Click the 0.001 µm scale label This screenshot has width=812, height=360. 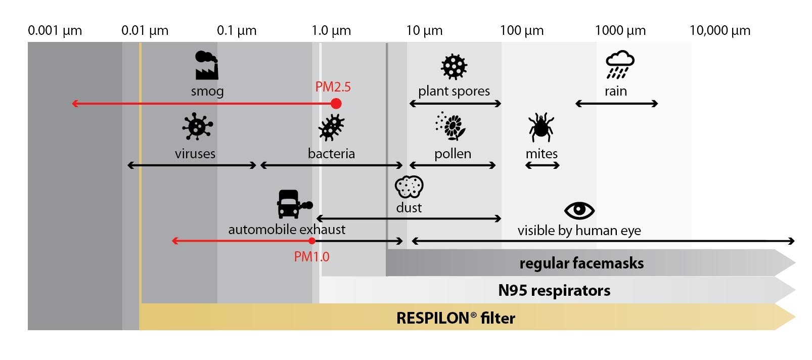55,30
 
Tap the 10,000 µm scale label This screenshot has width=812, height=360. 719,30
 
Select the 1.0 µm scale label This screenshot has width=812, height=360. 331,30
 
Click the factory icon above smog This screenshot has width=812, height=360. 206,65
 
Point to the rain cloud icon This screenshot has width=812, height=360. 619,65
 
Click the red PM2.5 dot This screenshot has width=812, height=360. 336,104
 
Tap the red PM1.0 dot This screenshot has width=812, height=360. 312,241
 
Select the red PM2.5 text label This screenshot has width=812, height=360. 333,87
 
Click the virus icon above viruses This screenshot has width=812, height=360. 197,126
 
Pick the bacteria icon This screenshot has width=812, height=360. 331,127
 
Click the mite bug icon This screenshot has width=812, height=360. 541,127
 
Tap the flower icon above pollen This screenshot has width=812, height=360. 452,126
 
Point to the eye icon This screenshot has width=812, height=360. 579,210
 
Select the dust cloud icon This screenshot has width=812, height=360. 409,187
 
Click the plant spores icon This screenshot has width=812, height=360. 454,66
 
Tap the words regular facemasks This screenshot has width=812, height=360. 581,263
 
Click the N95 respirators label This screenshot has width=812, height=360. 554,290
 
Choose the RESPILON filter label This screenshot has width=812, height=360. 456,318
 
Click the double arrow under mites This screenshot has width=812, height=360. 542,165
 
